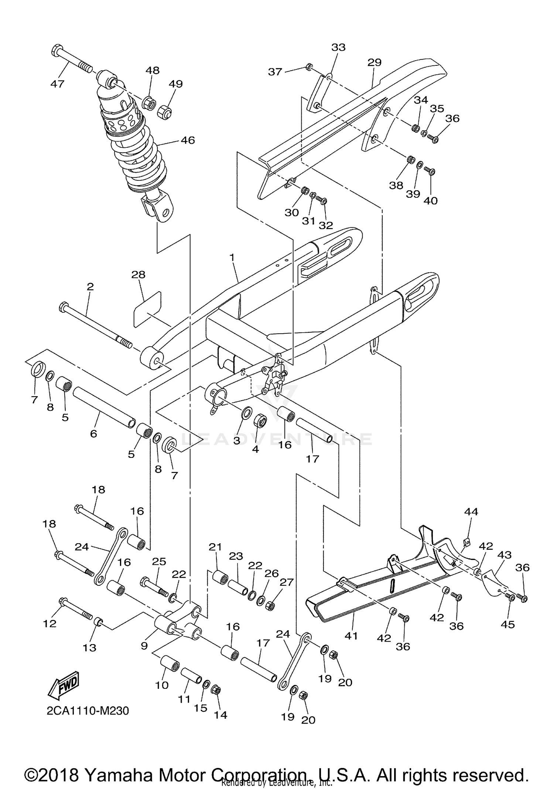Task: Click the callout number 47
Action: pyautogui.click(x=57, y=84)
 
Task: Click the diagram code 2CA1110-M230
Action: pyautogui.click(x=88, y=711)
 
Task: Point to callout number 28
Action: pyautogui.click(x=138, y=275)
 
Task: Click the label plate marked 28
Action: pyautogui.click(x=147, y=309)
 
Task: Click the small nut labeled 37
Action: pyautogui.click(x=309, y=67)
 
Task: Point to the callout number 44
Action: pyautogui.click(x=471, y=511)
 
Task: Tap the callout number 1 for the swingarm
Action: pyautogui.click(x=232, y=257)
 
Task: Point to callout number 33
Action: pyautogui.click(x=338, y=47)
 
